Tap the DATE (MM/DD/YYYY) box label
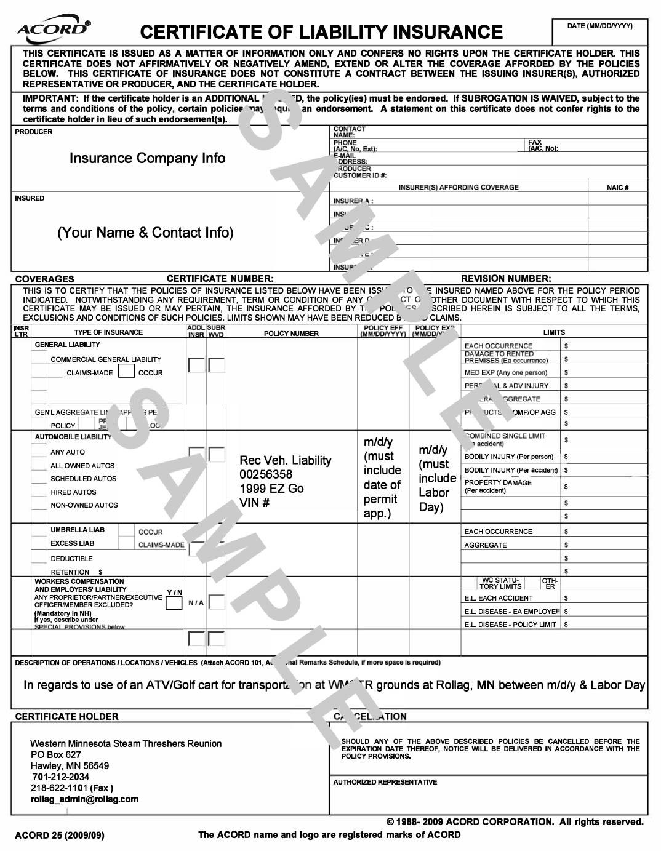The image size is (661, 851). (599, 26)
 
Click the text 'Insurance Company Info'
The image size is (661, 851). (147, 158)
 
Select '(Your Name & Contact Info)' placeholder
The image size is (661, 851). (145, 233)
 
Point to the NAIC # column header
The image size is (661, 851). (617, 188)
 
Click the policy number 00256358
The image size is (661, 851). (266, 474)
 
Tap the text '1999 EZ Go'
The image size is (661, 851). (271, 489)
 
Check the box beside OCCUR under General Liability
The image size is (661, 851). (126, 371)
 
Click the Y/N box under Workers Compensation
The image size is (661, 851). (174, 603)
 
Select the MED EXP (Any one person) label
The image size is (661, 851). (505, 372)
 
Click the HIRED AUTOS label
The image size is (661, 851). (73, 492)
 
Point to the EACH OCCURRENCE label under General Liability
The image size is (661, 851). (498, 346)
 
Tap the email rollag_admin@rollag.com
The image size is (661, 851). (84, 799)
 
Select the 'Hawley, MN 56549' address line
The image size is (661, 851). (70, 766)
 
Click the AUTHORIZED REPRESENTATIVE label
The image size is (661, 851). (385, 782)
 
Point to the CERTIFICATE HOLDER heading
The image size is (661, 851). (66, 717)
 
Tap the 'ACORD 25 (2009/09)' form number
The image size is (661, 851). (59, 835)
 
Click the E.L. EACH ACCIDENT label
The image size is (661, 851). (498, 598)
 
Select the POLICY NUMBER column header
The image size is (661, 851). (291, 334)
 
